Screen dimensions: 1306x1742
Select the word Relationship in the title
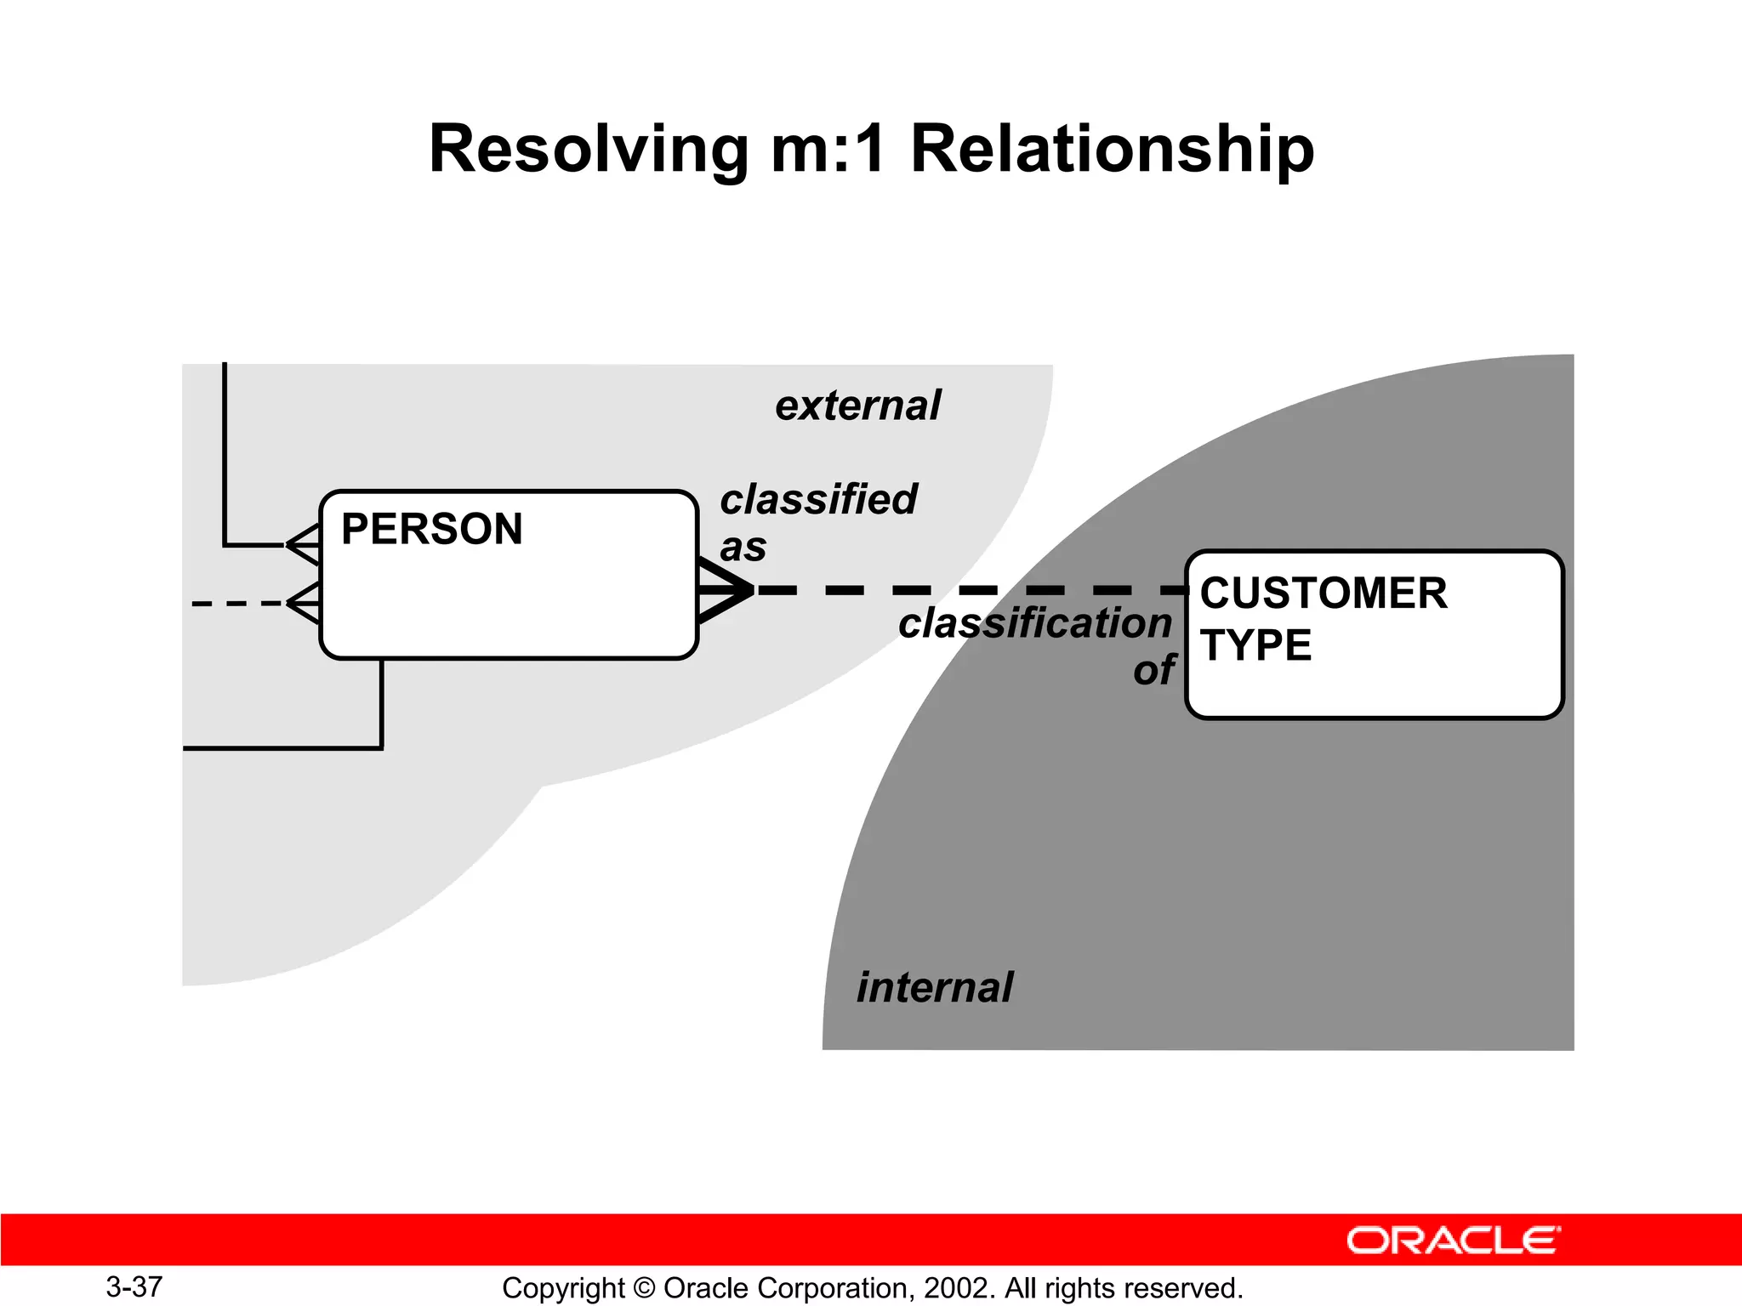(1112, 150)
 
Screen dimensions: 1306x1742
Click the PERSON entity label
(431, 529)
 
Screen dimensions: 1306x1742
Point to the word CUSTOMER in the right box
(1323, 593)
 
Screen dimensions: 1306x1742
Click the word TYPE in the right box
(1255, 645)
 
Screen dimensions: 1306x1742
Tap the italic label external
(857, 406)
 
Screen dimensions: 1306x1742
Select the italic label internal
(934, 988)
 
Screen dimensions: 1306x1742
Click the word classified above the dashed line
(818, 499)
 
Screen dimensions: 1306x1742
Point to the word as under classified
(743, 548)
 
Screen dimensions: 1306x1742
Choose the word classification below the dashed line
(1034, 623)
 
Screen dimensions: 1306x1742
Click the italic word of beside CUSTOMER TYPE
(1153, 671)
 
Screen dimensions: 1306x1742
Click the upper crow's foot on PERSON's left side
(304, 544)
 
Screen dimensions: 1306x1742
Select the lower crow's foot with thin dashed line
(304, 603)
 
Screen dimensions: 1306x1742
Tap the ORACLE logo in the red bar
(1453, 1241)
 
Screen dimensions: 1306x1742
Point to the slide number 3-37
(134, 1286)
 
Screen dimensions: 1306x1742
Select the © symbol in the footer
(644, 1288)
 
